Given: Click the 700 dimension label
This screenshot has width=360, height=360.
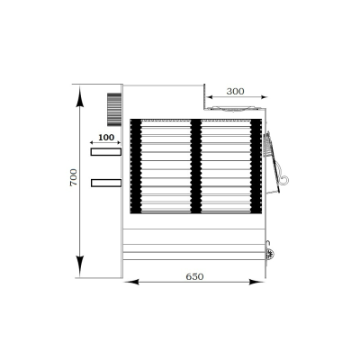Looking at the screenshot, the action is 74,177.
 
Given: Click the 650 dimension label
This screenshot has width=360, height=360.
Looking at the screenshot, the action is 194,276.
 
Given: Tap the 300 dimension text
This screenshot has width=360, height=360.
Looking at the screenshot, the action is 235,91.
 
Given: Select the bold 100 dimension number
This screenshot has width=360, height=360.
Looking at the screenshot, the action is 106,138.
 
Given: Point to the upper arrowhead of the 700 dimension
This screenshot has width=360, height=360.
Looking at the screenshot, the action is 79,96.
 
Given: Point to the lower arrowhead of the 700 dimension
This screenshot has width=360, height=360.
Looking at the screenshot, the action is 79,265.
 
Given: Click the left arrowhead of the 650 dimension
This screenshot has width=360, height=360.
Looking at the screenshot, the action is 131,282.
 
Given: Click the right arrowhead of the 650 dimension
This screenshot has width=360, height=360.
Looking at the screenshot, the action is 256,282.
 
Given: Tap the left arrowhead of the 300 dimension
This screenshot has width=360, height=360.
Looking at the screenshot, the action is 210,97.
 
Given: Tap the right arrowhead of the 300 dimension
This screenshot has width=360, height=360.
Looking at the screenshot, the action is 264,97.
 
